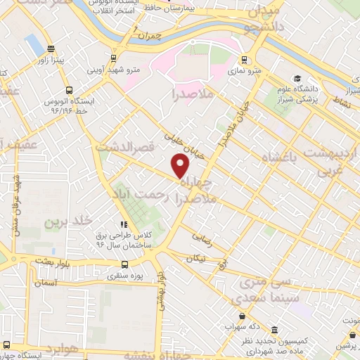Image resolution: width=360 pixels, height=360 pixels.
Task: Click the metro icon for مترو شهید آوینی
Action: coord(114,59)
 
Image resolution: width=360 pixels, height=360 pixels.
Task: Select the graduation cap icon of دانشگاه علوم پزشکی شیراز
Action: coord(298,79)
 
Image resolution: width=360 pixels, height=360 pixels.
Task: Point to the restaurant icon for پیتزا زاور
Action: coord(50,49)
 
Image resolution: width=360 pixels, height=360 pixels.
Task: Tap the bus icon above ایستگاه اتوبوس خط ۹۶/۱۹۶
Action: coord(68,90)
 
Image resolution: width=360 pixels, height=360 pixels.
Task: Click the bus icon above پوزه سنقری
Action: coord(124,265)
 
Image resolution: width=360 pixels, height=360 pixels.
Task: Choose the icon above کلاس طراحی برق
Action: coord(124,224)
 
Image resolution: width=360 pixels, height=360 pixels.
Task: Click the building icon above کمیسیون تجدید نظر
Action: coord(274,330)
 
